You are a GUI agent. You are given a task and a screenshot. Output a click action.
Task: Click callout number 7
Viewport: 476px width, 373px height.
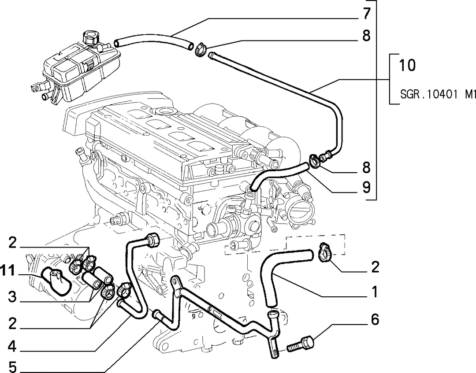[x=367, y=14]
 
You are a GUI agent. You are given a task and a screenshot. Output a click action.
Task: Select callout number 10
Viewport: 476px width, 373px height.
[x=407, y=65]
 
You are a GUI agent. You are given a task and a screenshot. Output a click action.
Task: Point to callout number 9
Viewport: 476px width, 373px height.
[x=367, y=188]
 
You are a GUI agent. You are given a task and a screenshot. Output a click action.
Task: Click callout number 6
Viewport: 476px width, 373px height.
[x=375, y=320]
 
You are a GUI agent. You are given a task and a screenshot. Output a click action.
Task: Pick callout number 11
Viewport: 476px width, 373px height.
[x=7, y=271]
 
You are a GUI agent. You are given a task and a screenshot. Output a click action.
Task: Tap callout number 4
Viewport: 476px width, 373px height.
[x=12, y=346]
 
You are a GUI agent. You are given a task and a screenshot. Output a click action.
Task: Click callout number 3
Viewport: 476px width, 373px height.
[x=12, y=296]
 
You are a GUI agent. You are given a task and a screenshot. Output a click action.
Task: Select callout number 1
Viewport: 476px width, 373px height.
[x=375, y=292]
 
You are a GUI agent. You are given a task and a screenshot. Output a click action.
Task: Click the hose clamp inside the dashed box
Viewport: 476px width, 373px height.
[x=325, y=252]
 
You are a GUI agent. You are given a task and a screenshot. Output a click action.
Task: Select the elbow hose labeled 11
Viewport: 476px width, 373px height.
[x=57, y=279]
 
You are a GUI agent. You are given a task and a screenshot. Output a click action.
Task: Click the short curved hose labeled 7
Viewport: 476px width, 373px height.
[x=154, y=42]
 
